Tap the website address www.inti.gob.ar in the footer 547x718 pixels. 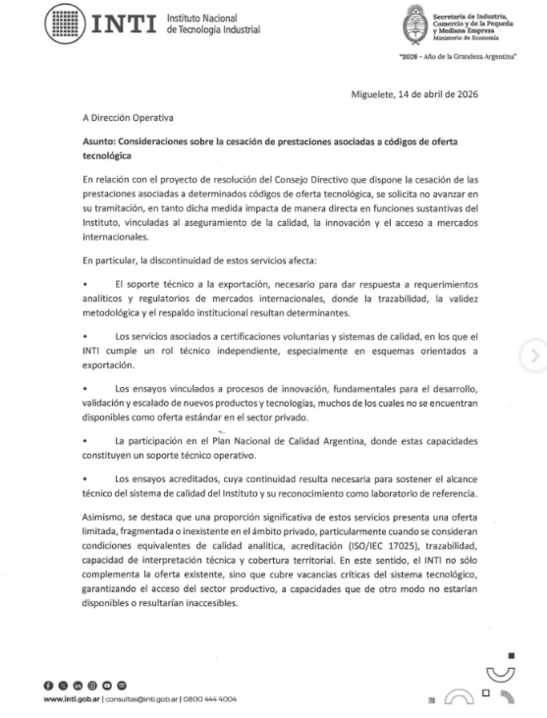[74, 699]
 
